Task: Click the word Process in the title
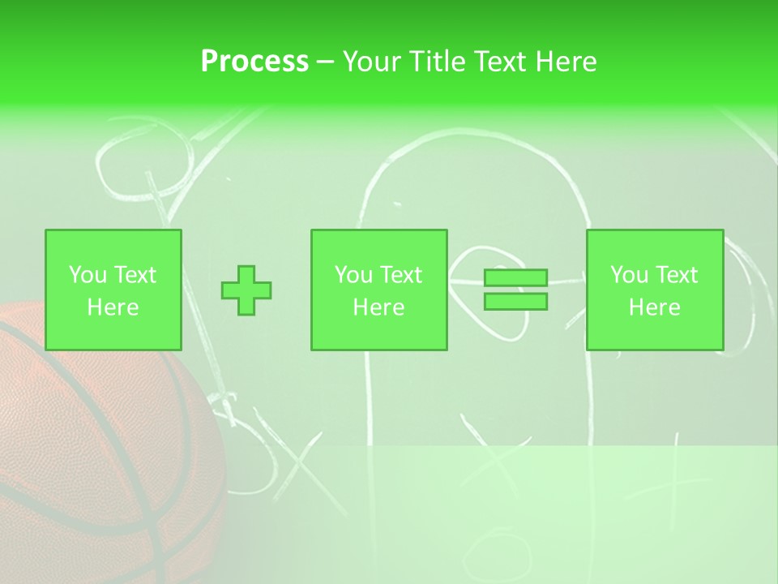254,61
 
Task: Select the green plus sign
246,290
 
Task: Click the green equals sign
515,290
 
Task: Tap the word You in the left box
88,275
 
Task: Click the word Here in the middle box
378,307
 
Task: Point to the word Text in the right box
676,275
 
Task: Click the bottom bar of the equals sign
515,301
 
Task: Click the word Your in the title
371,61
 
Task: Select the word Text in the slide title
501,61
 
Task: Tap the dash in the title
325,62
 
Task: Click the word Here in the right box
654,307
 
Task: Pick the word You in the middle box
353,275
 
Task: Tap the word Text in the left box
135,275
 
